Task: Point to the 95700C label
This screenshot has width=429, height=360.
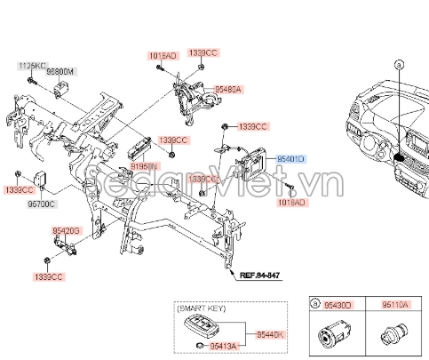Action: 41,204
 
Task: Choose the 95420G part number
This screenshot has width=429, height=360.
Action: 65,231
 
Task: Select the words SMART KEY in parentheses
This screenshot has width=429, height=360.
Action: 203,308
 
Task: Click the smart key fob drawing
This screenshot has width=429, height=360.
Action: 192,328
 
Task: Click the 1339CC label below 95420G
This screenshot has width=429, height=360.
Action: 48,277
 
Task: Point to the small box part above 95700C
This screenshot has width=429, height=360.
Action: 42,175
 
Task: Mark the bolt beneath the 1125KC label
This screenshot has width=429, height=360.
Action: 30,81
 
